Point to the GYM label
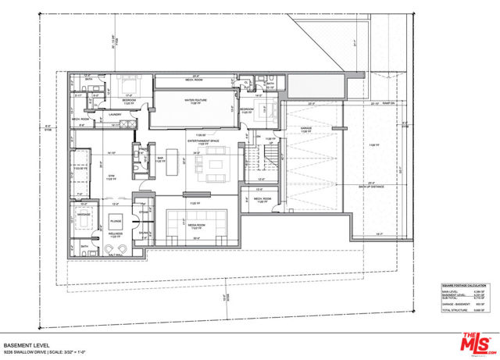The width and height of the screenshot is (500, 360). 112,176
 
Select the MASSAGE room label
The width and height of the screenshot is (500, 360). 83,213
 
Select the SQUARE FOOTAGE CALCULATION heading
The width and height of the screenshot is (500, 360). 455,287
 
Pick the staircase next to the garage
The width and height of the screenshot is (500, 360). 268,162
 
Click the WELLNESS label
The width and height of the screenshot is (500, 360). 116,233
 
